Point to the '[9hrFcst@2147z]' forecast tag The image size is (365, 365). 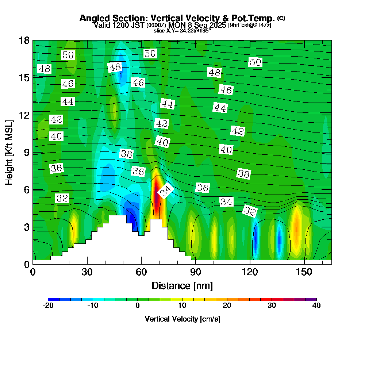(250, 26)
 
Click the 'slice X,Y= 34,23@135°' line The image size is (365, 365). (182, 31)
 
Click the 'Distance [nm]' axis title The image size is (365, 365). (182, 285)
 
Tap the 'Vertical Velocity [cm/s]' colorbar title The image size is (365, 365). (182, 319)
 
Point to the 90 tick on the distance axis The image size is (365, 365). (196, 272)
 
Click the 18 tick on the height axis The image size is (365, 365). (24, 40)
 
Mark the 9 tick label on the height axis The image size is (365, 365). (26, 152)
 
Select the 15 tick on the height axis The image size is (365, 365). (24, 77)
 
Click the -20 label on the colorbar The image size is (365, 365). (48, 306)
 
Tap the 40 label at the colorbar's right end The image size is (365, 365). (316, 306)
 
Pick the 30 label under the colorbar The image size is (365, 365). (272, 306)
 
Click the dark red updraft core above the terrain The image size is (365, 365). (156, 197)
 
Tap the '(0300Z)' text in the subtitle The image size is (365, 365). (157, 26)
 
